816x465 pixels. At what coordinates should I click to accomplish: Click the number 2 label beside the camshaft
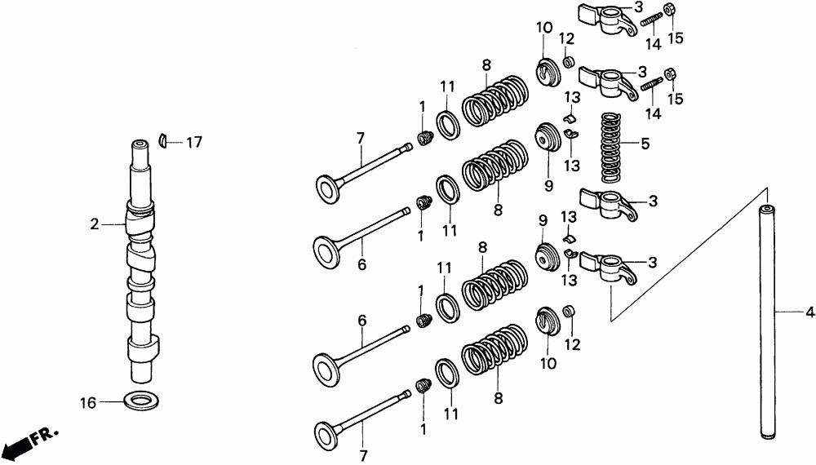[x=94, y=222]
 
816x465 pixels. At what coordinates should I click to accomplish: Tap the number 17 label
[x=193, y=142]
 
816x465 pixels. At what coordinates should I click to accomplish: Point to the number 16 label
[x=88, y=402]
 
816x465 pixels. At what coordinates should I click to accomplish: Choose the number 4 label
[x=809, y=312]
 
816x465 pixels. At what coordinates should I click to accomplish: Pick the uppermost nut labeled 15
[x=668, y=10]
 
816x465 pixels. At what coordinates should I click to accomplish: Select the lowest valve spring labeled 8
[x=494, y=355]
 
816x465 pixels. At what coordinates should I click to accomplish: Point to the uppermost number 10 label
[x=543, y=29]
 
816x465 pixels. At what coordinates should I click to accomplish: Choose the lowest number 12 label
[x=570, y=344]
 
